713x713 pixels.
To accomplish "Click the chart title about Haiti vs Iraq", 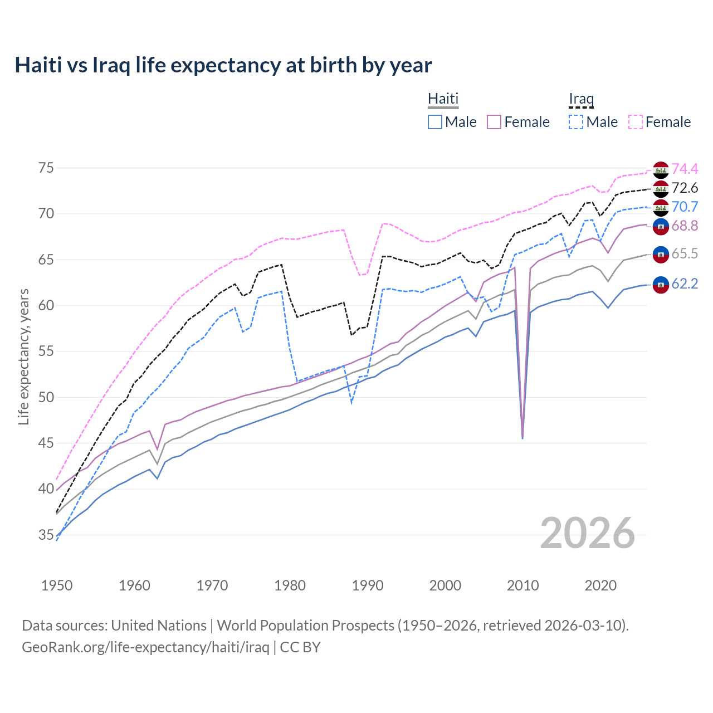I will (x=223, y=65).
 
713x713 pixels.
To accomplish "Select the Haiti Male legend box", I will (x=435, y=122).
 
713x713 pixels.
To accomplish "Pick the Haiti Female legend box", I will (x=494, y=122).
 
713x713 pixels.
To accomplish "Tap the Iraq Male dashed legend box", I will (x=576, y=122).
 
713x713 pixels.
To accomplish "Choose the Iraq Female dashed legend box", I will (x=636, y=122).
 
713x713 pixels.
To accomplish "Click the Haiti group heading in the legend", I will (x=443, y=99).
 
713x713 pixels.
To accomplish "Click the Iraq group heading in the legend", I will (x=581, y=99).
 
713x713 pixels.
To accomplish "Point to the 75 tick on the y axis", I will (x=46, y=168).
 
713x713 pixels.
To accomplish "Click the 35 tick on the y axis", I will (x=46, y=535).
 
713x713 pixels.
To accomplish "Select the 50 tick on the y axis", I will (x=46, y=398).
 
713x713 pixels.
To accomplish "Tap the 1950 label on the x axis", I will (x=57, y=585).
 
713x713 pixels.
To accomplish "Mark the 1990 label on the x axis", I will (x=368, y=585).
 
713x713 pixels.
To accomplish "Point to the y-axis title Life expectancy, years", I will (x=23, y=356).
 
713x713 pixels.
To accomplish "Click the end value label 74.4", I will (x=685, y=169).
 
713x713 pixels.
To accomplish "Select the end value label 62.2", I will (x=685, y=284).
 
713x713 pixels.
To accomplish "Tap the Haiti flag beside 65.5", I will (x=661, y=255).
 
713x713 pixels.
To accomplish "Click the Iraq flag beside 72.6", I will (x=661, y=189).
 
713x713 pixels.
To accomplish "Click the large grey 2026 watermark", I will (x=588, y=533).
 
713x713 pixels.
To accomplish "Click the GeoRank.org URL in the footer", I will (x=145, y=647).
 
